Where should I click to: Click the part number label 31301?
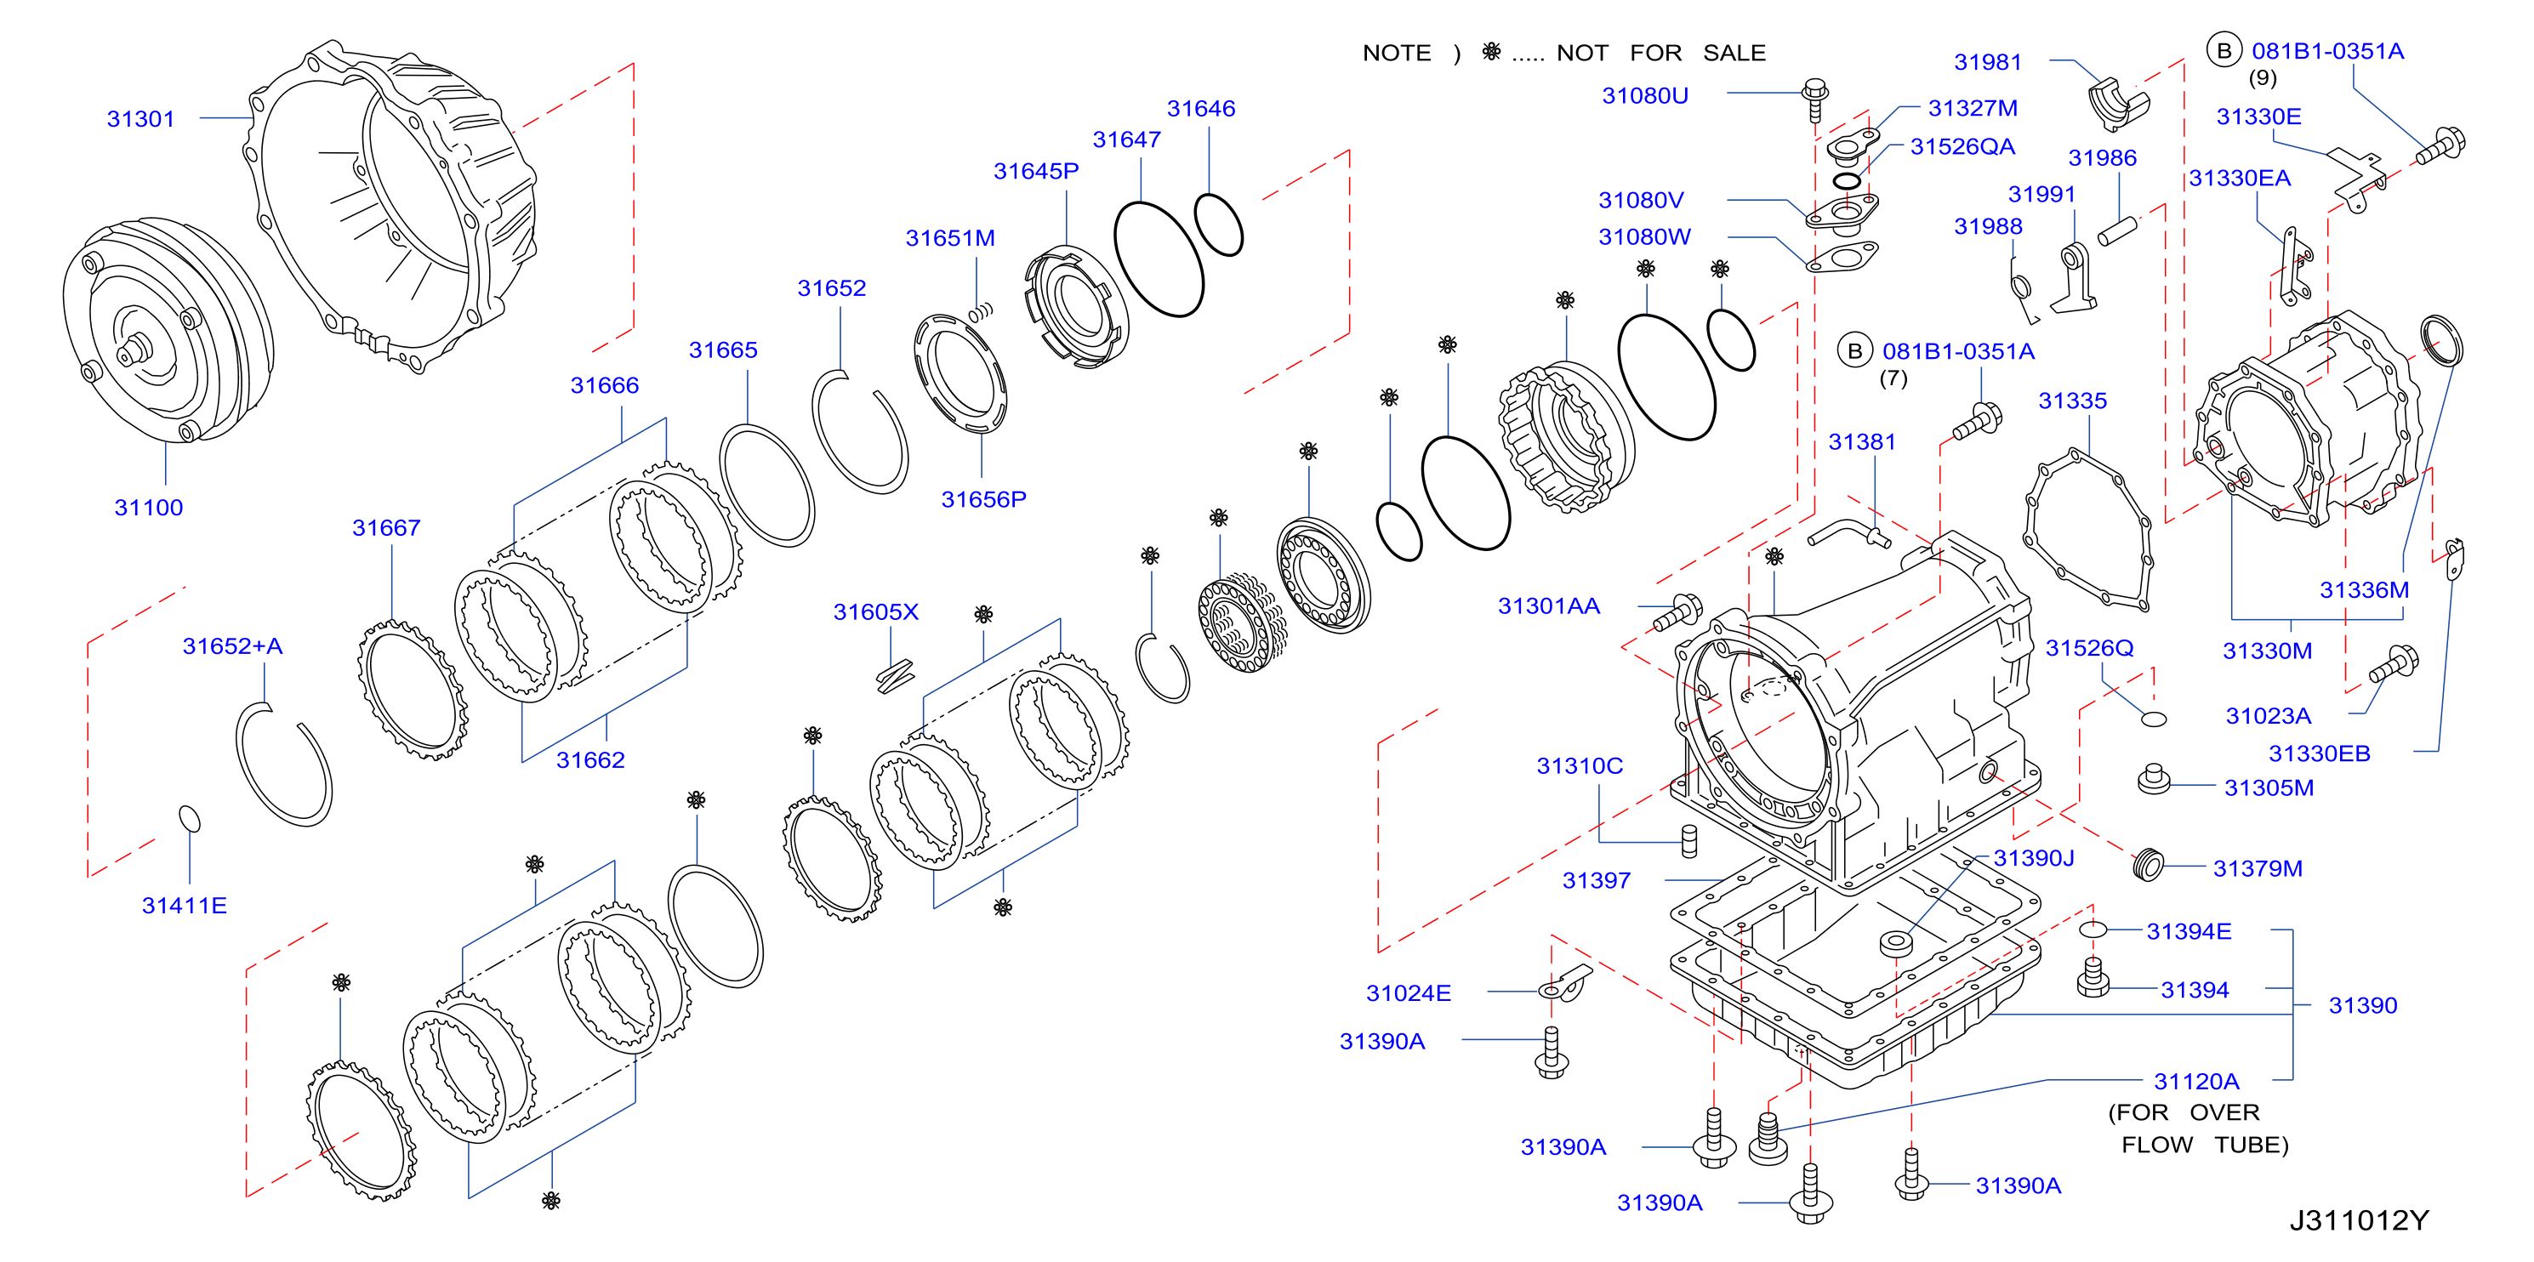[140, 119]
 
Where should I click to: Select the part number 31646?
[1201, 109]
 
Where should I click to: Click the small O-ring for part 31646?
[1218, 225]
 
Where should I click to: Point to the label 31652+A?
[232, 646]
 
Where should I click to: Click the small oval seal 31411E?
[190, 818]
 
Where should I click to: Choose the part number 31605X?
[875, 611]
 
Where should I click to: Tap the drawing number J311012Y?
[2359, 1220]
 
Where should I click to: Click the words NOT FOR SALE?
[1660, 53]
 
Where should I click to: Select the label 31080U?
[1645, 96]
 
